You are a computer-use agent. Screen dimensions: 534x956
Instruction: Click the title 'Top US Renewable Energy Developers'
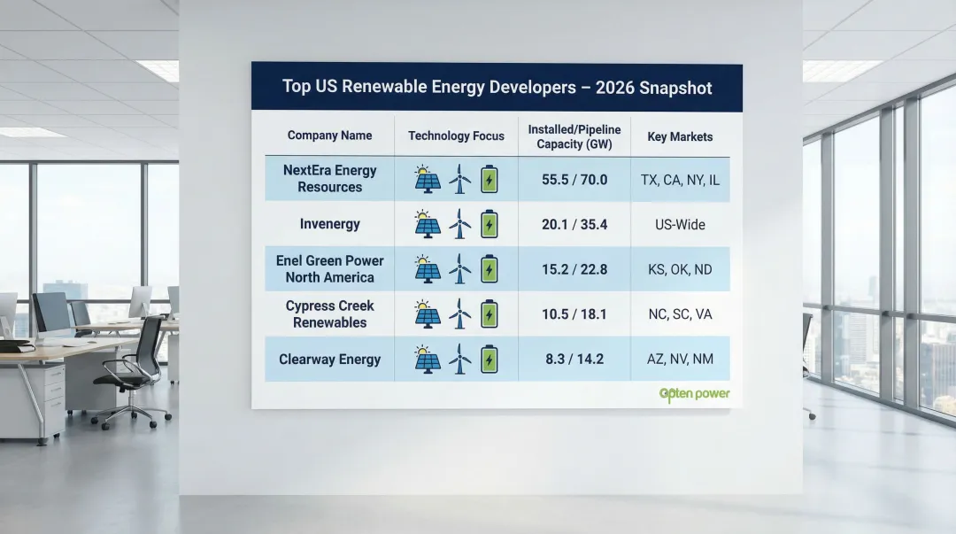tap(497, 87)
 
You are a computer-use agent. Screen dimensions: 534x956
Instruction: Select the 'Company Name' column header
tap(329, 135)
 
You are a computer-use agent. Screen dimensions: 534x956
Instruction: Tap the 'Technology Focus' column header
tap(456, 135)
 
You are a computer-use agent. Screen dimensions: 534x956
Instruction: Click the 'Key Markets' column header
tap(680, 136)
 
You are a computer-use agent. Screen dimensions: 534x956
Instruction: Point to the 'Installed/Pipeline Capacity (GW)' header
tap(574, 136)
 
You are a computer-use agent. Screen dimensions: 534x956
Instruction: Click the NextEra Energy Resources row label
tap(329, 179)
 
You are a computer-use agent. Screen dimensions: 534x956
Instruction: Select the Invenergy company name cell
tap(329, 224)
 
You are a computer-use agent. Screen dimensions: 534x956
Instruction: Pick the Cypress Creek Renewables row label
tap(329, 314)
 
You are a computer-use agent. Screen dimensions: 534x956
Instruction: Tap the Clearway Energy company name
tap(329, 360)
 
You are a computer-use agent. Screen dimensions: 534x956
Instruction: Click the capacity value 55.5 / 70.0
tap(574, 180)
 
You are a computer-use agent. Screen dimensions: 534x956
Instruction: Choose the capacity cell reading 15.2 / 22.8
tap(574, 269)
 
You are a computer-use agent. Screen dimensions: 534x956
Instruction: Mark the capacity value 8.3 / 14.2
tap(574, 360)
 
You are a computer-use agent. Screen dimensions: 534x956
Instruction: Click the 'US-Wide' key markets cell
tap(680, 225)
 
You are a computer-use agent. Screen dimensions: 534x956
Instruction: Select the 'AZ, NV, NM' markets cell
tap(680, 360)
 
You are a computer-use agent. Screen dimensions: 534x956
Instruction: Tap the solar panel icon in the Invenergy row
tap(428, 224)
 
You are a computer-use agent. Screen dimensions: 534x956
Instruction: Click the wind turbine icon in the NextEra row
tap(459, 179)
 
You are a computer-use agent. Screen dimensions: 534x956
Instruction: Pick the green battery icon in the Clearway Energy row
tap(489, 359)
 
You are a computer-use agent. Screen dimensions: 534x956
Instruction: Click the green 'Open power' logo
tap(695, 394)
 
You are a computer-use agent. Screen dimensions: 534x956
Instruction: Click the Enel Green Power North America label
tap(329, 269)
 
